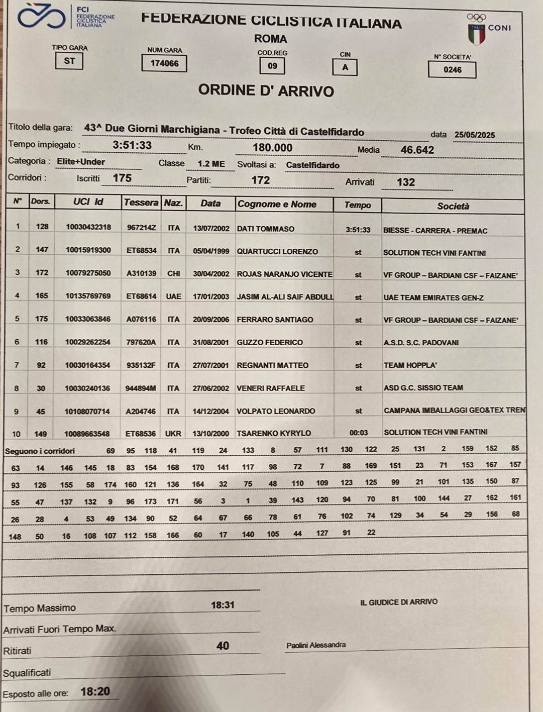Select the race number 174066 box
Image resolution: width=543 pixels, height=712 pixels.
(x=164, y=63)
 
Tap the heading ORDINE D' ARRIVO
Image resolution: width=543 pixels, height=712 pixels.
(x=266, y=91)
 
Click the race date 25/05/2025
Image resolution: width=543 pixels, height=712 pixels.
(x=474, y=135)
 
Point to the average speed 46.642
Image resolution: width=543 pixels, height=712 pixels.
(x=417, y=150)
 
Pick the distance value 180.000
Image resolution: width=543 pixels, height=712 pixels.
(x=272, y=148)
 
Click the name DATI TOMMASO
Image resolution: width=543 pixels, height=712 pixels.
(x=265, y=229)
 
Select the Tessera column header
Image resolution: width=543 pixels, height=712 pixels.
(x=141, y=202)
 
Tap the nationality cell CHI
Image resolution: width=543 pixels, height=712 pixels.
(x=174, y=273)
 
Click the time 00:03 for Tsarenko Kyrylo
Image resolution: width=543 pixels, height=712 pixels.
(x=359, y=433)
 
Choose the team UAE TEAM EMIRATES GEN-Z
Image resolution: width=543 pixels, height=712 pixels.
(x=433, y=297)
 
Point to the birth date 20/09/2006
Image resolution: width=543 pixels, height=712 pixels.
(x=210, y=320)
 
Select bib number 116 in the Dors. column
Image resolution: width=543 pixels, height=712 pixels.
(x=41, y=342)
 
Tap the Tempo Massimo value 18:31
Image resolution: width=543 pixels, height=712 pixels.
(x=223, y=605)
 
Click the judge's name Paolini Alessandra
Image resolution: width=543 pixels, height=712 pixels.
(x=316, y=645)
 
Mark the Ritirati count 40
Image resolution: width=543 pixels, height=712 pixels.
(x=223, y=646)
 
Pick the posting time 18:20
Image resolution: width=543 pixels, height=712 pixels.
(x=95, y=692)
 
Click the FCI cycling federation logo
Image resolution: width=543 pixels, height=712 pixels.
(x=41, y=17)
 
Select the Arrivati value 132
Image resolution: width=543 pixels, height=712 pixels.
(x=406, y=182)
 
